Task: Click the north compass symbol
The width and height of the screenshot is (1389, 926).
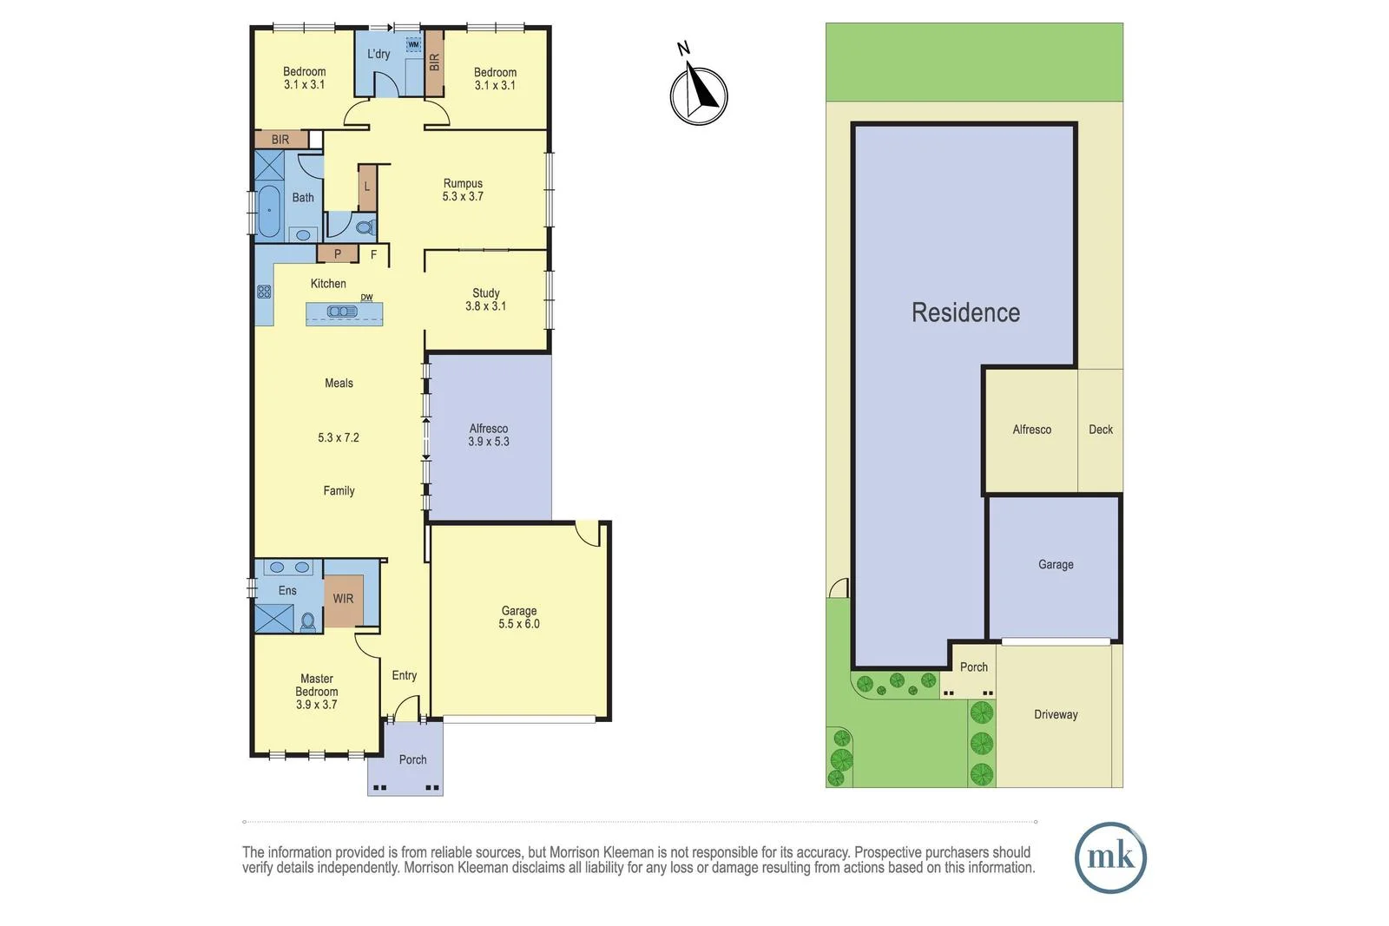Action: tap(698, 95)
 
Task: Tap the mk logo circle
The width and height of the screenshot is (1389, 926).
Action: tap(1110, 857)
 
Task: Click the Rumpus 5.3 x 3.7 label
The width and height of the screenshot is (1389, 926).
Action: tap(463, 190)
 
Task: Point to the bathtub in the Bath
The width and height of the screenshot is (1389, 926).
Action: tap(268, 211)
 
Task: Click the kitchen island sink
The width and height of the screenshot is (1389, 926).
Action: tap(342, 312)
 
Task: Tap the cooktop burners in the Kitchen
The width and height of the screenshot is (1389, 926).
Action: tap(264, 292)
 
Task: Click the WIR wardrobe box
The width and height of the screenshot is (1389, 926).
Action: tap(343, 600)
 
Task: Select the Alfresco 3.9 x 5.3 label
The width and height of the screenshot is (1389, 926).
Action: tap(489, 435)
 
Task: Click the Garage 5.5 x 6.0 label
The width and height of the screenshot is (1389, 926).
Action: tap(519, 617)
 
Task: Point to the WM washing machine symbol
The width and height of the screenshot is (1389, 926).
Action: tap(413, 45)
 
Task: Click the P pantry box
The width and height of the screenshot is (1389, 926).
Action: tap(338, 254)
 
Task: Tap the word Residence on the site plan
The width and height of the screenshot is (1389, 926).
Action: tap(965, 312)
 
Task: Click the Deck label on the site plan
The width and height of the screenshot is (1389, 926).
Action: tap(1100, 430)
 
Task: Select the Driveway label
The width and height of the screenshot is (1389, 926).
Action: tap(1056, 714)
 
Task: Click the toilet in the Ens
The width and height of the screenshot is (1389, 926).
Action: tap(307, 621)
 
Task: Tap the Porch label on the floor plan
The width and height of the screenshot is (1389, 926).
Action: tap(412, 759)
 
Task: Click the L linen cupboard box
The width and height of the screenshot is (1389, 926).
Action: tap(367, 187)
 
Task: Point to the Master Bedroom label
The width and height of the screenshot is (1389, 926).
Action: tap(317, 692)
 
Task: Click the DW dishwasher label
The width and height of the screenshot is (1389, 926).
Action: tap(366, 298)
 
